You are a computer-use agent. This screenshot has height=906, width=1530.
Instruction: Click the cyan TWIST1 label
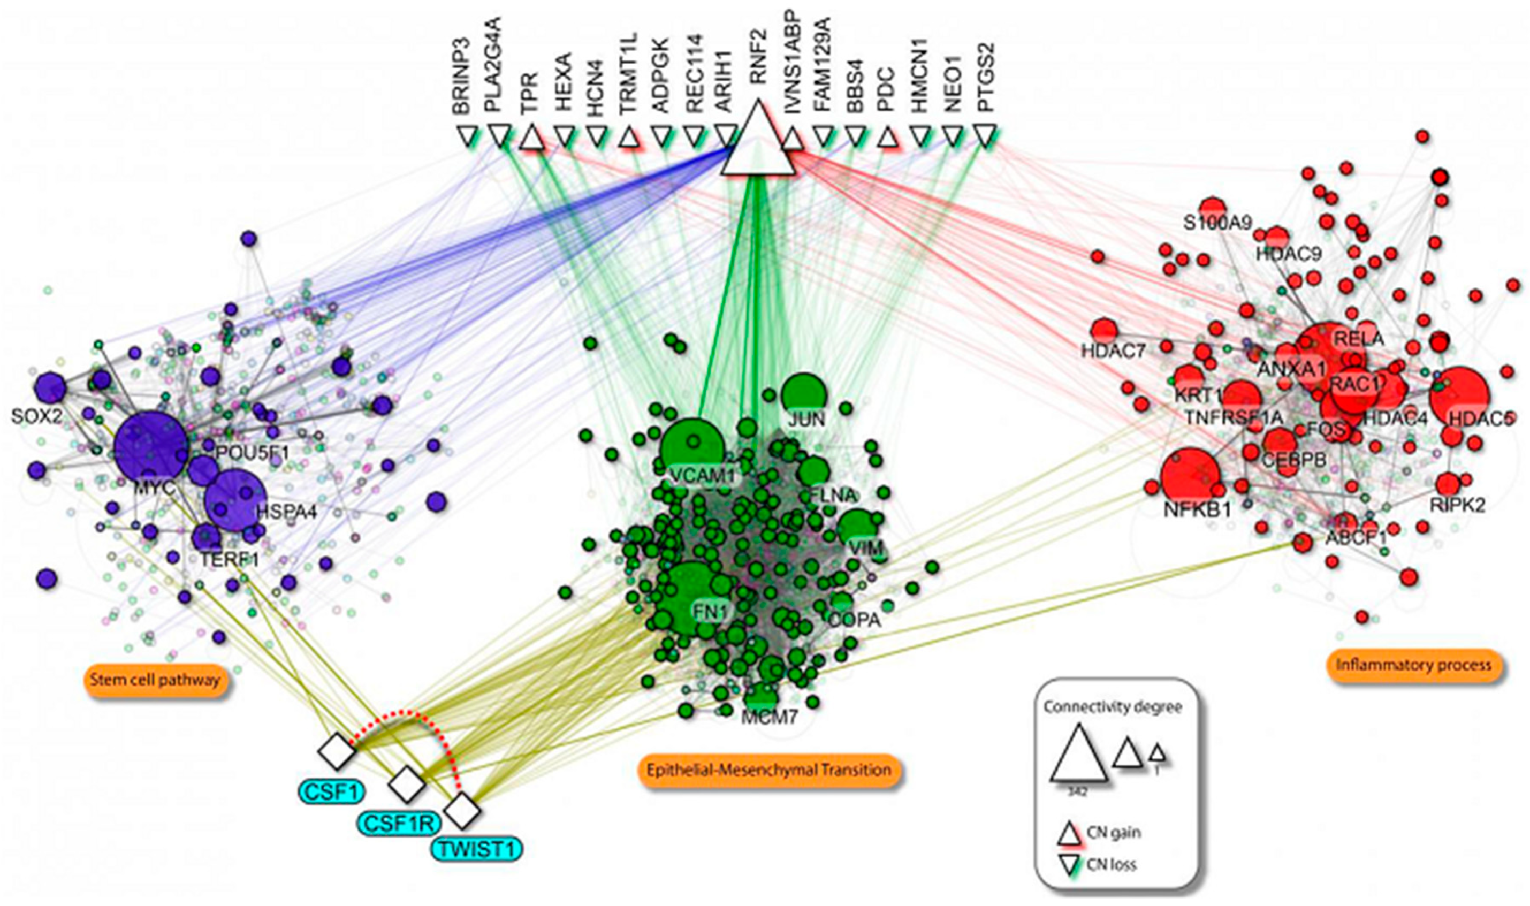click(x=477, y=849)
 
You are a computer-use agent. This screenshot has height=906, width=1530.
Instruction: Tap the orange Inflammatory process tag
click(x=1413, y=665)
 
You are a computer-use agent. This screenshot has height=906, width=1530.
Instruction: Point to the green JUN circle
click(x=803, y=395)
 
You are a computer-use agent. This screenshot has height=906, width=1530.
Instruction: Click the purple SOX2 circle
click(x=49, y=387)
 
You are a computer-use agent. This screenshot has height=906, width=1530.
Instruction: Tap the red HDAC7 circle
click(x=1104, y=330)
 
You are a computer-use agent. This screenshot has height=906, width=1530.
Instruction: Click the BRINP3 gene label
click(x=461, y=77)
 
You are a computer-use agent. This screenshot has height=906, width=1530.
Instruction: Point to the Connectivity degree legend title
click(x=1113, y=707)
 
